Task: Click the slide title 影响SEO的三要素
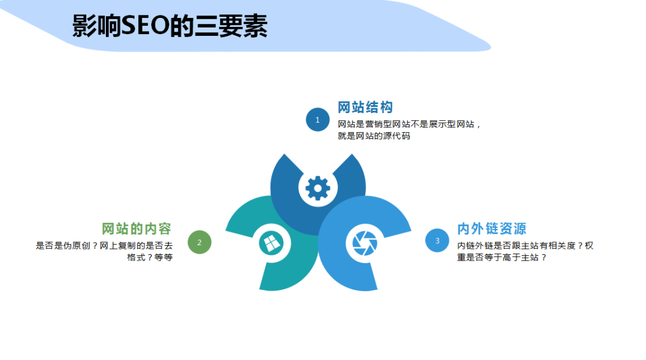(170, 26)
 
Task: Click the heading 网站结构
(365, 108)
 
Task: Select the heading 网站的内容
(136, 228)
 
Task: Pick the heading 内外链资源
(492, 228)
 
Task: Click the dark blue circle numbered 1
(318, 120)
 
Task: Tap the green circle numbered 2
(199, 242)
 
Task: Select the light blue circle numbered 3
(437, 240)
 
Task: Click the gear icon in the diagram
(318, 188)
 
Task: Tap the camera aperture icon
(365, 243)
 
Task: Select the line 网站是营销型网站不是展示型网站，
(410, 124)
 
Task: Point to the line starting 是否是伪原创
(104, 245)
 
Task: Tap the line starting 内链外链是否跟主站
(525, 245)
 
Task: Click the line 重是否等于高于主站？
(502, 257)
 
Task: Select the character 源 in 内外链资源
(519, 228)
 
